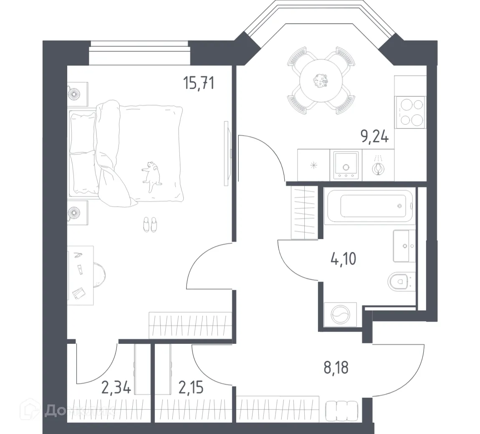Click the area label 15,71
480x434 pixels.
199,83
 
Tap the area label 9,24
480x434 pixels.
375,136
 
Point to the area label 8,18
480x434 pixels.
336,368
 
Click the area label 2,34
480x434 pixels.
116,388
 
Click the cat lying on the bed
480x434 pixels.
152,173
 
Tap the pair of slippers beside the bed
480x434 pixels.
149,224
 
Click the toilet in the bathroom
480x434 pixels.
401,283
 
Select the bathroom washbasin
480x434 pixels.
404,246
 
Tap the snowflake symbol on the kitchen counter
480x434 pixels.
314,165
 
